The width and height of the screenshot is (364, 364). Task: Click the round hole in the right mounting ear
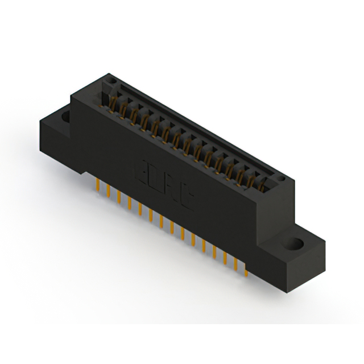(296, 245)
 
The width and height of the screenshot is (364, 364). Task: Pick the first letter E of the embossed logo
(141, 169)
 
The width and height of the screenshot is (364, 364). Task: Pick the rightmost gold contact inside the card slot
(263, 183)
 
